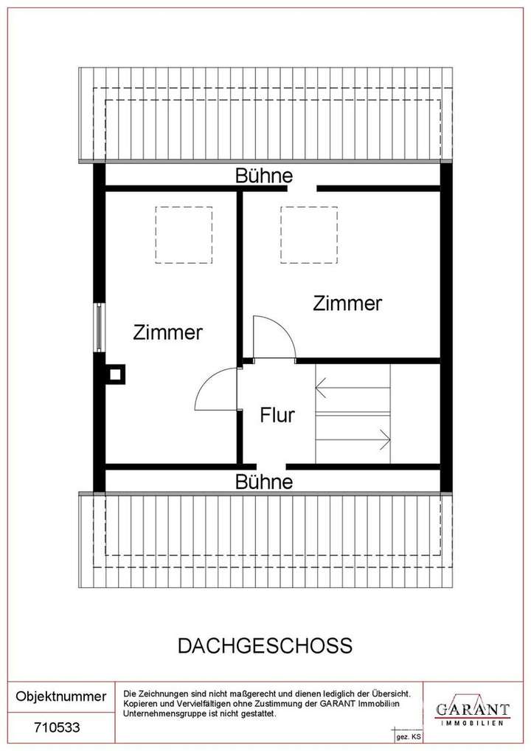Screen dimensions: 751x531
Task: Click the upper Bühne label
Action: tap(264, 176)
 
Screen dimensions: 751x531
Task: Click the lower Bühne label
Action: tap(264, 482)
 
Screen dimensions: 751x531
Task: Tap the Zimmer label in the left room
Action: tap(167, 332)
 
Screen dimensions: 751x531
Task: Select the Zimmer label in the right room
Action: tap(347, 304)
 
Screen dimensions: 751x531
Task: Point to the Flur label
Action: tap(277, 415)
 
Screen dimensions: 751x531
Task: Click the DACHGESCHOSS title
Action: tap(265, 646)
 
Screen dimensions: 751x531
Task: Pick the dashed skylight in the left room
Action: tap(184, 234)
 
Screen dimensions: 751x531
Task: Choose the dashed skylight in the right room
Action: tap(308, 234)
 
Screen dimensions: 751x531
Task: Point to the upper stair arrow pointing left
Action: tap(351, 387)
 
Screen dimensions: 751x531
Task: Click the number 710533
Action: tap(57, 727)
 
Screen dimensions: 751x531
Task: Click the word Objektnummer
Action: tap(61, 696)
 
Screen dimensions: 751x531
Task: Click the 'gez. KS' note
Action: tap(409, 737)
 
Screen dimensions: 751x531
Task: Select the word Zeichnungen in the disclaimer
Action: tap(159, 694)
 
